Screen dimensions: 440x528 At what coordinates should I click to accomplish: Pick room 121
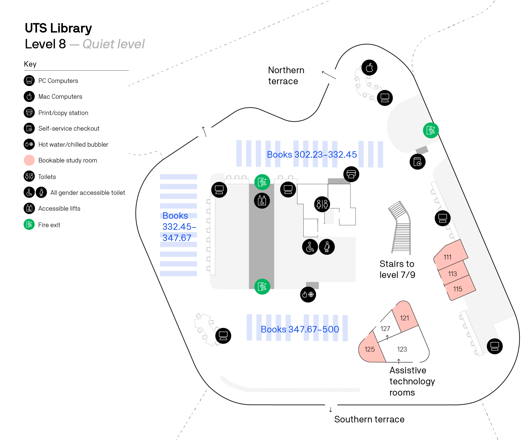(404, 318)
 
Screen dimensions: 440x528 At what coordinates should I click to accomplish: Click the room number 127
(385, 328)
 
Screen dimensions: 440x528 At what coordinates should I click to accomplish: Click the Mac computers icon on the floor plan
(369, 68)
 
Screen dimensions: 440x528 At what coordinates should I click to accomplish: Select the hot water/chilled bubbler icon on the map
(308, 294)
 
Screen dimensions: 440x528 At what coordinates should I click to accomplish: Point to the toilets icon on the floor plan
(322, 204)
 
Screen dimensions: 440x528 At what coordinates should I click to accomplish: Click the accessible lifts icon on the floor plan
(262, 201)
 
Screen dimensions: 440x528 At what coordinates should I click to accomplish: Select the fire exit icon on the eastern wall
(431, 130)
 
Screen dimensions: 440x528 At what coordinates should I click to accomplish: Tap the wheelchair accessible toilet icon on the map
(310, 247)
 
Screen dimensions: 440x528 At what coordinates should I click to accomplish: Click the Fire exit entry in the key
(49, 225)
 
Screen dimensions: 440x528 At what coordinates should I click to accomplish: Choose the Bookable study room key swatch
(29, 160)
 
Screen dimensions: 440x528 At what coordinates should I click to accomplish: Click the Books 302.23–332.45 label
(312, 154)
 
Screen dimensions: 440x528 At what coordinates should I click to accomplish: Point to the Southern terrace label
(369, 419)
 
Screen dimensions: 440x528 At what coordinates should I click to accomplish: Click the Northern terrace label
(286, 75)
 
